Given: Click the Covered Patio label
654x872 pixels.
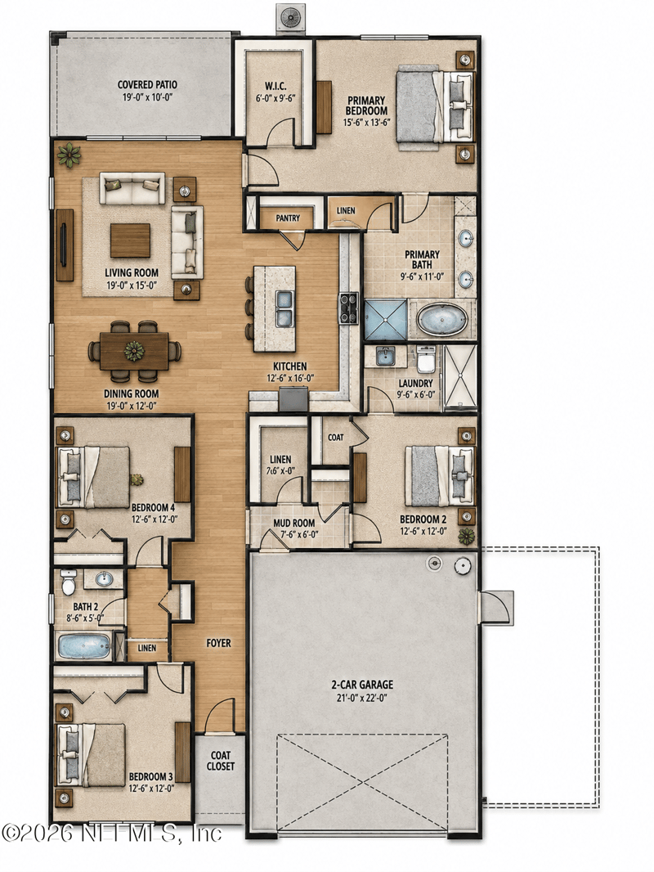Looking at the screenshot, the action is [147, 84].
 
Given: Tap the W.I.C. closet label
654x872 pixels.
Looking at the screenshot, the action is [275, 86].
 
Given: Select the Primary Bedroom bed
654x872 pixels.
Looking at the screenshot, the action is [435, 106].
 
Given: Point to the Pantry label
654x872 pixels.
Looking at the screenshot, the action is [288, 218].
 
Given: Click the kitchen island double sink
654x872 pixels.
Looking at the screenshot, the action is [285, 308].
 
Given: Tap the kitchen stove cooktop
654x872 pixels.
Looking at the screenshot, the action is [349, 308].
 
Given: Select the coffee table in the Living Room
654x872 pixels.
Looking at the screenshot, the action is [130, 240].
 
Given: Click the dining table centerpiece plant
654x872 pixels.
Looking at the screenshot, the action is [134, 351].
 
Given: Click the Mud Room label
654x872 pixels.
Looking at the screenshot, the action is [294, 523].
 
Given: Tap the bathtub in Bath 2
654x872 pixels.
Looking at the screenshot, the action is [84, 646].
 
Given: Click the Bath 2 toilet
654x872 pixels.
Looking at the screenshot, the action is [69, 582].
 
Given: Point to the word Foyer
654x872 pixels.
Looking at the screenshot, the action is [218, 643].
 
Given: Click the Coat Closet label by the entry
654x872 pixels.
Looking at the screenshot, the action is [221, 761].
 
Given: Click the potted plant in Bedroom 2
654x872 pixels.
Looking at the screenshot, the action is [467, 536].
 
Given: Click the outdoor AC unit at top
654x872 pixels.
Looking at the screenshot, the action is [290, 16].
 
